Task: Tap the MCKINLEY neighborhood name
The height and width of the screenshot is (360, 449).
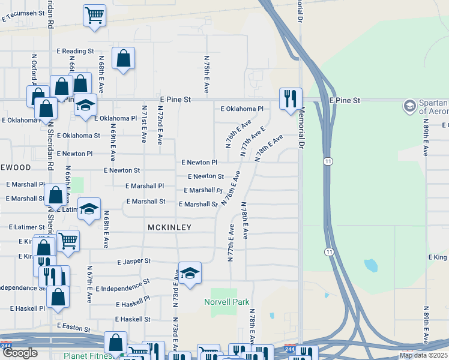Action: pyautogui.click(x=169, y=227)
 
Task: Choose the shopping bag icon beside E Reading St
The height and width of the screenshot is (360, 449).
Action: pyautogui.click(x=123, y=59)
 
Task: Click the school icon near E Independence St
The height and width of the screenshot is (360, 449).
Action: pyautogui.click(x=190, y=274)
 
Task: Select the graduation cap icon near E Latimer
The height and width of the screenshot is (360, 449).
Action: pyautogui.click(x=89, y=209)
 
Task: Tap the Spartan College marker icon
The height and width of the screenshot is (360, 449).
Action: pyautogui.click(x=410, y=106)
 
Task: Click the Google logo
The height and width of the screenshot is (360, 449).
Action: pyautogui.click(x=20, y=353)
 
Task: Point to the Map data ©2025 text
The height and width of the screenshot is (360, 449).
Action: pyautogui.click(x=423, y=355)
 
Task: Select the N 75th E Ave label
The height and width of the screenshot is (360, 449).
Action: pyautogui.click(x=206, y=74)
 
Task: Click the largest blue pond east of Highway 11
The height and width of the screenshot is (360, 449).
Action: pyautogui.click(x=370, y=265)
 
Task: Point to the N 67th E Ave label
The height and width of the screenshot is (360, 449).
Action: pyautogui.click(x=88, y=280)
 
